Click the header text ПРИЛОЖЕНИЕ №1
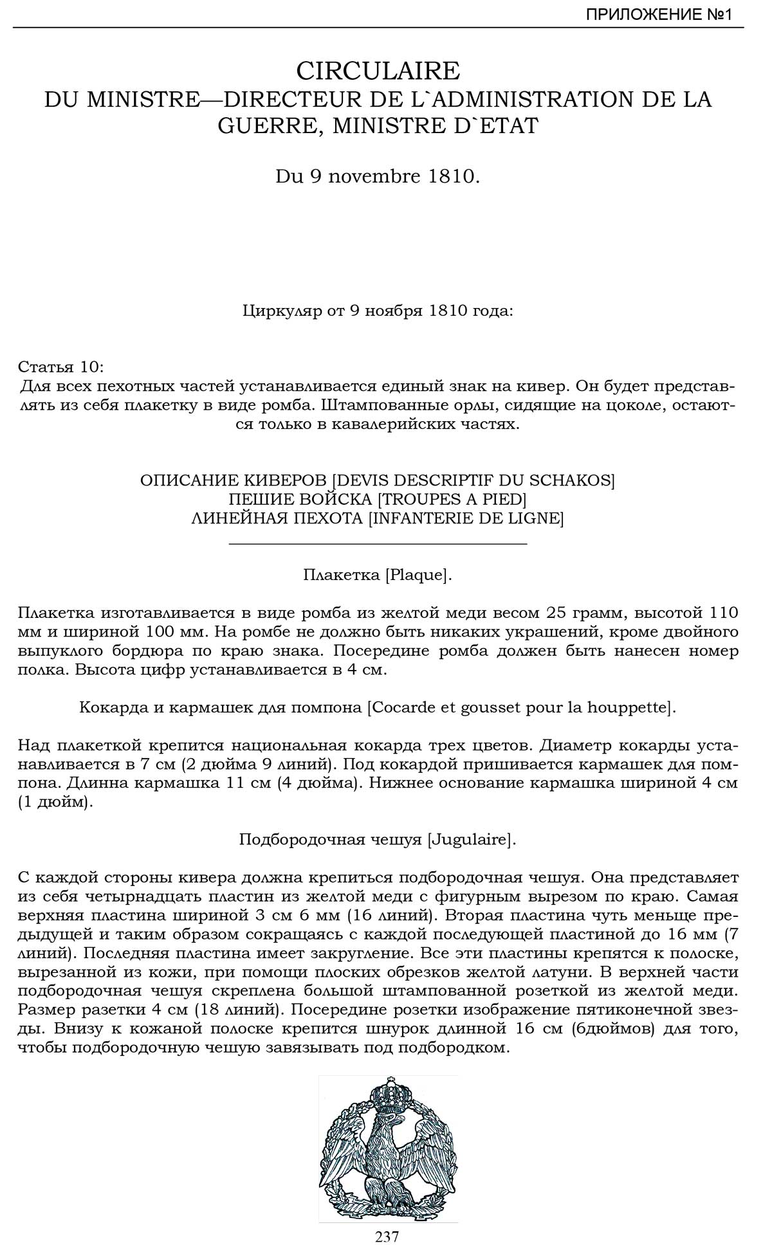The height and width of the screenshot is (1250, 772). pos(659,15)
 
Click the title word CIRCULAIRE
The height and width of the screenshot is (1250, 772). pos(378,70)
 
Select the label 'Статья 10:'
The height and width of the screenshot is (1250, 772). pos(60,367)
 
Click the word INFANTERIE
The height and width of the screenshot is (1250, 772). pos(422,518)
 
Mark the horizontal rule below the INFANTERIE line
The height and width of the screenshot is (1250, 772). pos(378,544)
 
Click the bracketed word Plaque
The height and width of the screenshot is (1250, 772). pos(418,575)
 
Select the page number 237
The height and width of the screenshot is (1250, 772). pos(387,1236)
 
